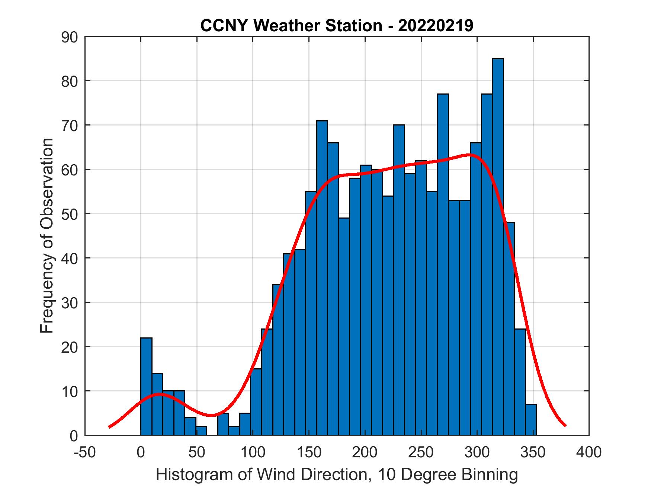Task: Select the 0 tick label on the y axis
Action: click(x=73, y=436)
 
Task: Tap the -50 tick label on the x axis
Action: click(x=85, y=453)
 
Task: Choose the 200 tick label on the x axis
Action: click(x=365, y=453)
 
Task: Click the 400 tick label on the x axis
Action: click(x=589, y=453)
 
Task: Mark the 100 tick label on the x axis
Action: click(x=253, y=453)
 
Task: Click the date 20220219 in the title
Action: click(x=436, y=26)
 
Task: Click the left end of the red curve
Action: click(x=109, y=427)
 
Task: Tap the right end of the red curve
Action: click(x=565, y=425)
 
